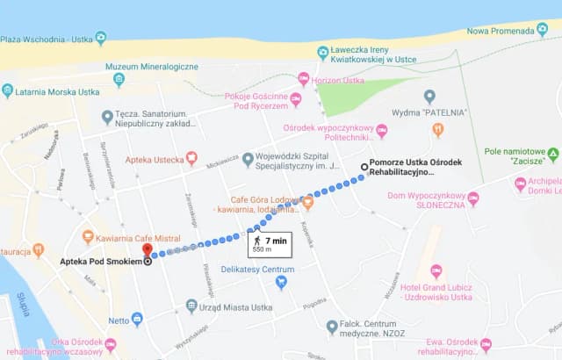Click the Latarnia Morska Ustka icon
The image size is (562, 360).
8,90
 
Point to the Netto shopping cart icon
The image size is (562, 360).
136,320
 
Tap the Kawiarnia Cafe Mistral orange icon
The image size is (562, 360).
88,236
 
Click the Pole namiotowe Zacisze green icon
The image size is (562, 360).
553,155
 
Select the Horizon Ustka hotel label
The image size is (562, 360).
338,80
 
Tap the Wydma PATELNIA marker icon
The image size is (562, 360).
429,96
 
